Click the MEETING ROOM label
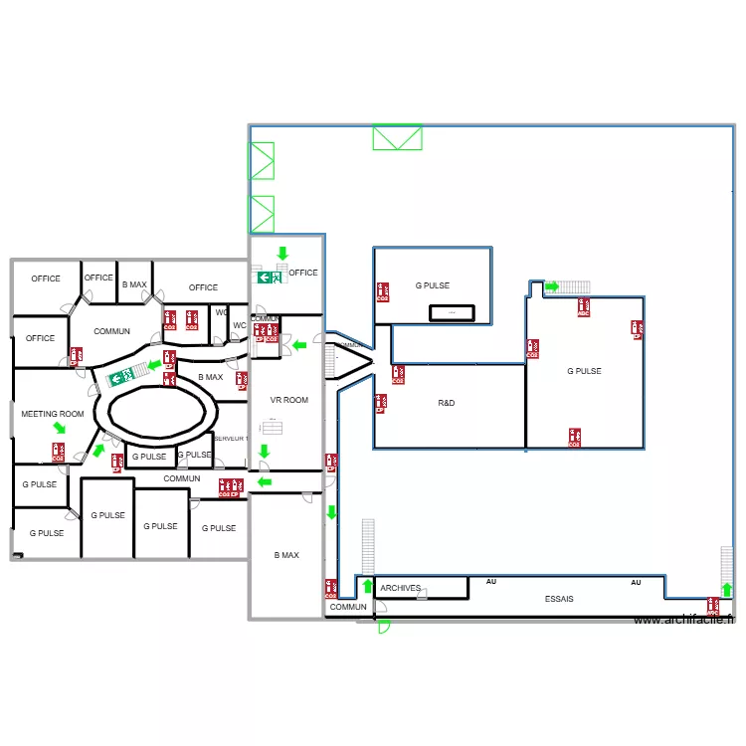pos(53,414)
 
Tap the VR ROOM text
pos(289,400)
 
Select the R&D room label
pos(447,404)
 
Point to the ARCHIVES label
pos(401,588)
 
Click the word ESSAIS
pos(559,599)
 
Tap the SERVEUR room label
pos(230,438)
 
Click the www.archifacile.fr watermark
pos(683,620)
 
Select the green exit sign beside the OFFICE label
pos(269,278)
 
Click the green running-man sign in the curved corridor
pos(121,376)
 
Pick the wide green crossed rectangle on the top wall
pos(397,137)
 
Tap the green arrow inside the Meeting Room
pos(60,429)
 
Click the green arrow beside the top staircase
pos(551,286)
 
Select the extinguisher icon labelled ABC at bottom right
pos(712,605)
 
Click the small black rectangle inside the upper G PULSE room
pos(452,313)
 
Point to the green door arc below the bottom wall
pos(384,627)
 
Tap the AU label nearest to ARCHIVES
pos(490,581)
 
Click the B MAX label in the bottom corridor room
pos(286,555)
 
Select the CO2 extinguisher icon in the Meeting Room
pos(59,453)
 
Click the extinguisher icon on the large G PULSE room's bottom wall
pos(574,437)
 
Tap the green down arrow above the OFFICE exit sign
pos(282,254)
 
